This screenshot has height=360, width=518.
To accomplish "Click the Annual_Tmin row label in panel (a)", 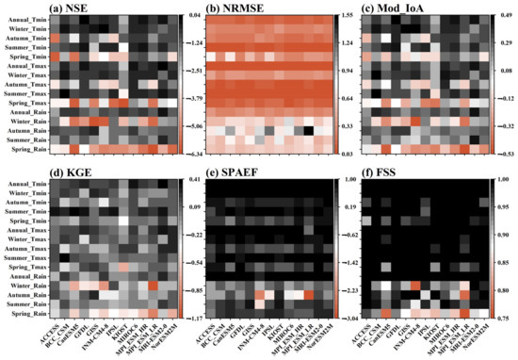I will (25, 21).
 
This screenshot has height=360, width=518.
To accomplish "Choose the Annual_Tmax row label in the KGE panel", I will (25, 231).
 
